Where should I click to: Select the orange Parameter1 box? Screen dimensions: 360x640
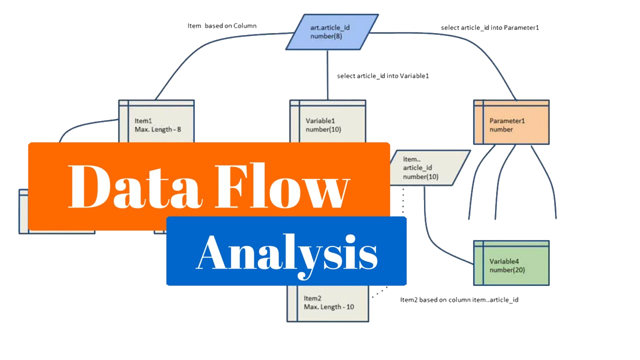(x=511, y=122)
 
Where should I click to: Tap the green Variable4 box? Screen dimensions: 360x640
(x=511, y=263)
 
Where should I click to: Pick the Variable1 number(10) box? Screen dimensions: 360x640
(x=327, y=122)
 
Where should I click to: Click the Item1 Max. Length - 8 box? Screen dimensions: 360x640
(x=156, y=122)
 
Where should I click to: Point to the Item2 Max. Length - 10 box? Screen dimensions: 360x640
(x=328, y=303)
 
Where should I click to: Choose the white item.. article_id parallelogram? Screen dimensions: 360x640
(x=429, y=168)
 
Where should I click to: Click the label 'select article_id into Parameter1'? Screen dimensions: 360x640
(x=489, y=27)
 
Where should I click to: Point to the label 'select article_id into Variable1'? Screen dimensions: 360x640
(x=382, y=76)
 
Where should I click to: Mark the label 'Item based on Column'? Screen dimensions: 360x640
(x=222, y=25)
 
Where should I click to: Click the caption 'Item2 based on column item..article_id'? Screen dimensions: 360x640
(x=459, y=299)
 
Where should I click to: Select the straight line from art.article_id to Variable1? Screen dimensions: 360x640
(x=327, y=75)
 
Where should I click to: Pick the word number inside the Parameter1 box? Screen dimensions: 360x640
(x=501, y=129)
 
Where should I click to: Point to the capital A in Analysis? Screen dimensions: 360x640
(x=215, y=252)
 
